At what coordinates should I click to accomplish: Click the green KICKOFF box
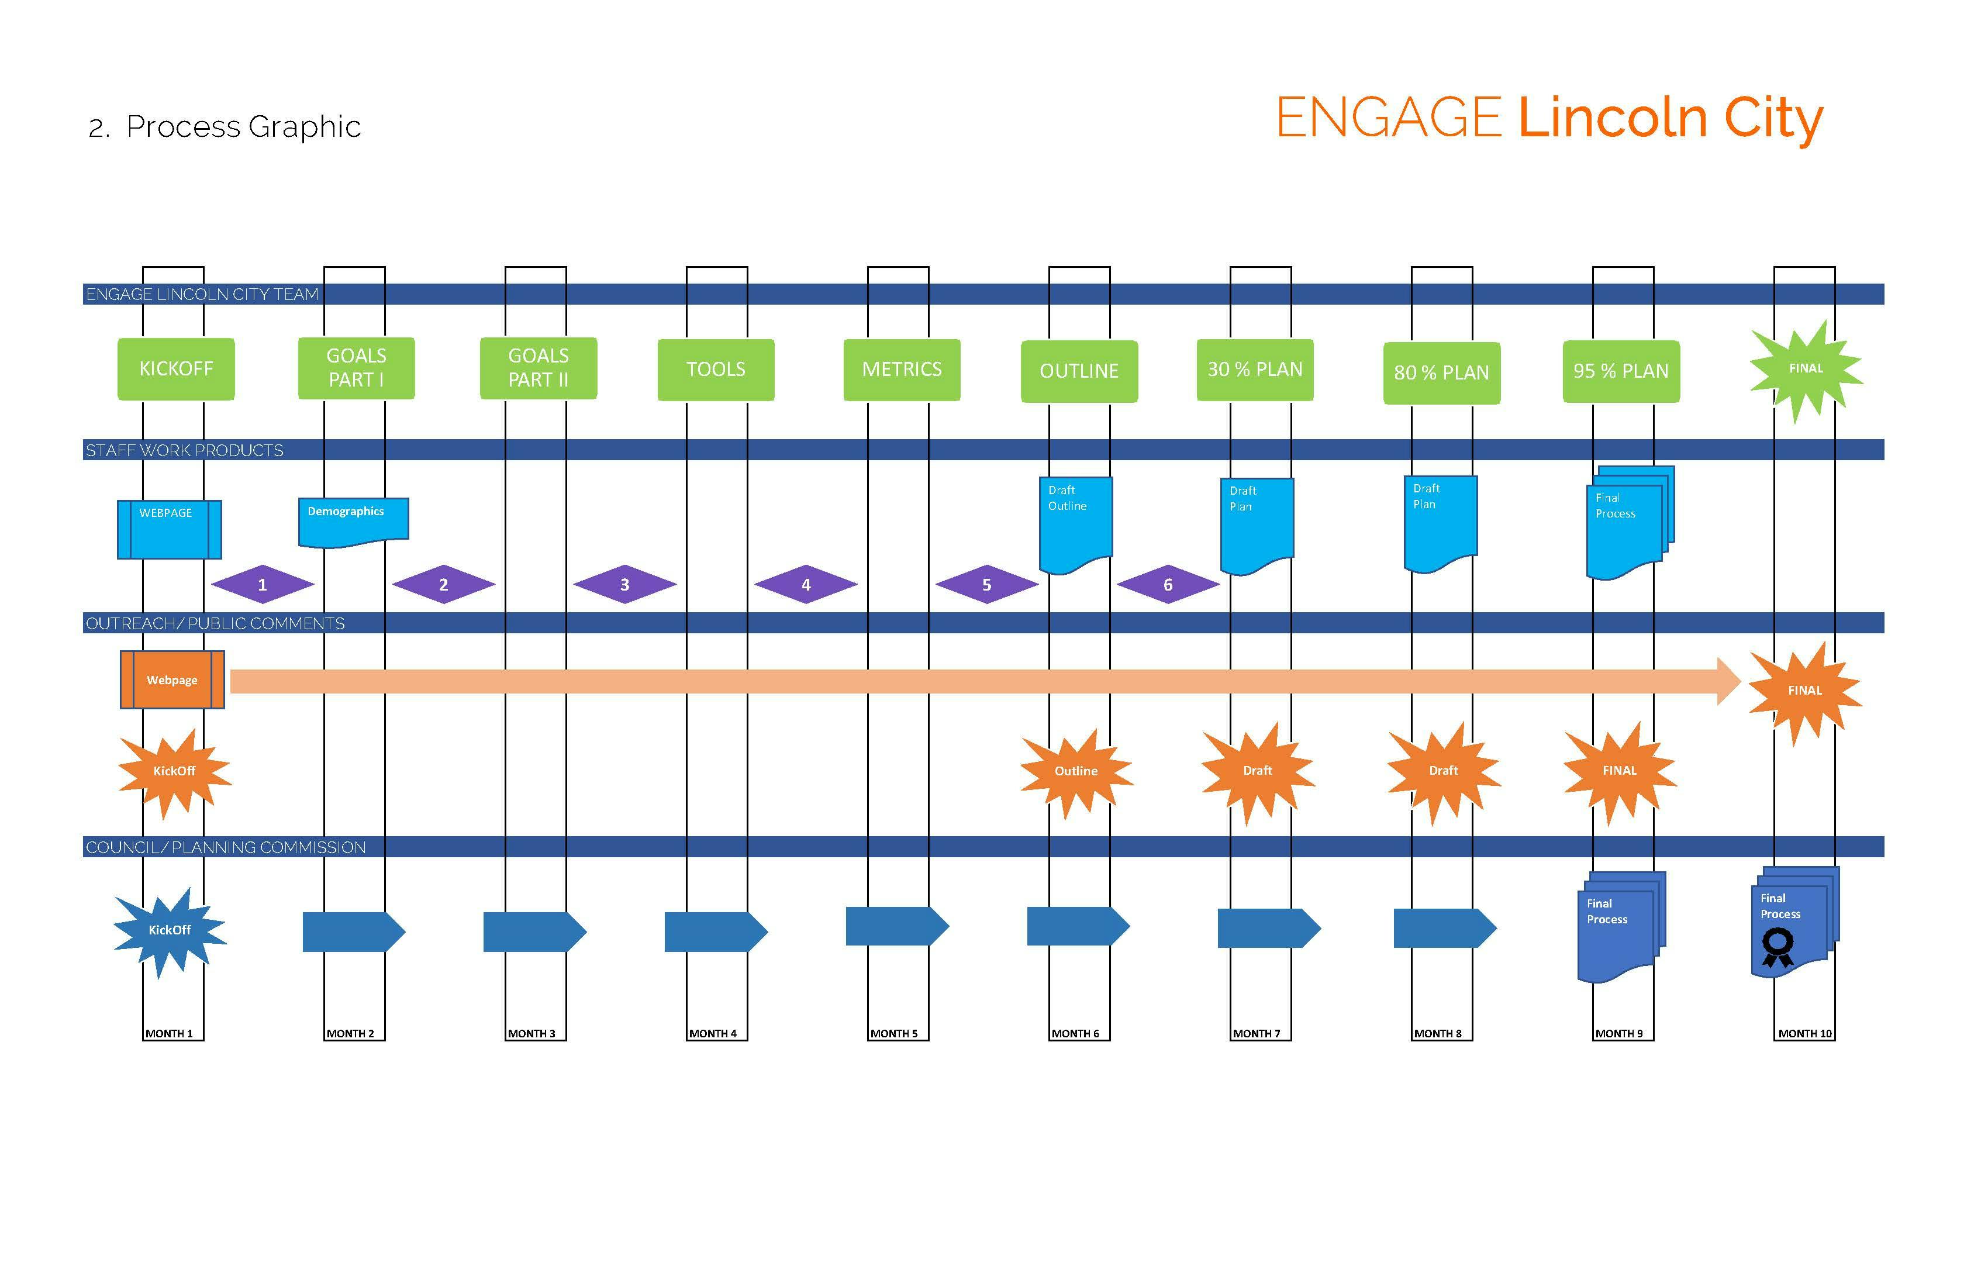175,368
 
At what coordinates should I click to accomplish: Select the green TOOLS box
716,369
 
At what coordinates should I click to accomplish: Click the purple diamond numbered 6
1168,585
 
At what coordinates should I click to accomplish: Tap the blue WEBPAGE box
169,529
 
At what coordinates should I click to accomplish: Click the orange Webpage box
172,680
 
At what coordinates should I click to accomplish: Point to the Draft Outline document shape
1075,523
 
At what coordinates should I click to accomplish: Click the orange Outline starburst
1076,771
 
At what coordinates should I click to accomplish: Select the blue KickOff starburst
170,930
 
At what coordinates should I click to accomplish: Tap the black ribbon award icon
1777,948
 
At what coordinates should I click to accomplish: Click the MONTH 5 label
894,1033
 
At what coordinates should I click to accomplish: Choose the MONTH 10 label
1804,1033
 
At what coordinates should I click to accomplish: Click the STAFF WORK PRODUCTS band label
185,450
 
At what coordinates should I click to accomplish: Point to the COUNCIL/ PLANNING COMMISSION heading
226,847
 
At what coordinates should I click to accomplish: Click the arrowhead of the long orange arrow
1727,681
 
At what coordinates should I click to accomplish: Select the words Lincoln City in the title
1670,119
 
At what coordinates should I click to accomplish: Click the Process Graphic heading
243,127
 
